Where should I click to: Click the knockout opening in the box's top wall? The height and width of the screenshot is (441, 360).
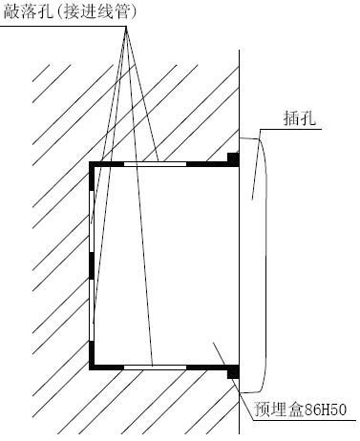[x=155, y=164]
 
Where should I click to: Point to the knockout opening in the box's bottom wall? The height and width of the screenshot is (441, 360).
[x=155, y=366]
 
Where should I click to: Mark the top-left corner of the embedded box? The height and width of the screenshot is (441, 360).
[x=93, y=165]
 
